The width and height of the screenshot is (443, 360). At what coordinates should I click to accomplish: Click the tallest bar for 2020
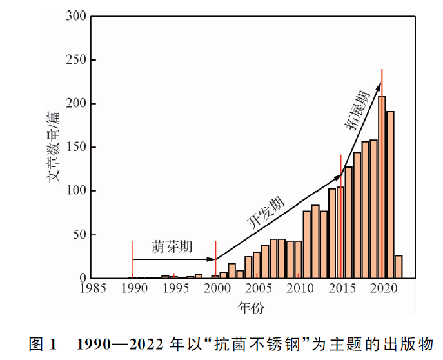(x=382, y=187)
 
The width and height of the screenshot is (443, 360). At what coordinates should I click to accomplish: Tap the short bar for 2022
(x=399, y=266)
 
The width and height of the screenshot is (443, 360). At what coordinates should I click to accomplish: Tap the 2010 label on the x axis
(x=299, y=288)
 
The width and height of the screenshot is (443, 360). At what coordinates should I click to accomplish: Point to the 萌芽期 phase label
(x=172, y=246)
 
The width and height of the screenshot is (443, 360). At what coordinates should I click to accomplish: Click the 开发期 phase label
(x=265, y=212)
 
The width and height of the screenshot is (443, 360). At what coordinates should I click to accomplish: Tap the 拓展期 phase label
(x=357, y=112)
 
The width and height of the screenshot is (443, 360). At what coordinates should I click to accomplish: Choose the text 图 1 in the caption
(x=43, y=342)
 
